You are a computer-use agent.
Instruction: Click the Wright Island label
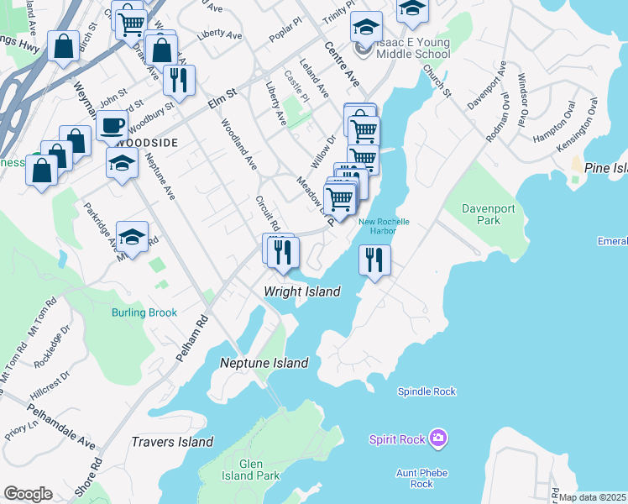[x=302, y=291]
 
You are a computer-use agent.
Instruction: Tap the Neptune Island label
[x=264, y=363]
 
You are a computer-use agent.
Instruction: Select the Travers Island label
[x=172, y=442]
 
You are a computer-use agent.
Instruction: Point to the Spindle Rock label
[x=427, y=391]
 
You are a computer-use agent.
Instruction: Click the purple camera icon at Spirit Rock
[x=437, y=438]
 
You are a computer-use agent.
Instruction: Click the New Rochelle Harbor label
[x=384, y=227]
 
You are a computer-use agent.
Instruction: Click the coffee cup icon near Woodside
[x=111, y=126]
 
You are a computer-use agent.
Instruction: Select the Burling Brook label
[x=144, y=312]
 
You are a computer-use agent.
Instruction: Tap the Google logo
[x=28, y=494]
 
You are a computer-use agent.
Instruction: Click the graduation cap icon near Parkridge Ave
[x=132, y=237]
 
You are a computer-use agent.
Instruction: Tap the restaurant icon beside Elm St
[x=178, y=80]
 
